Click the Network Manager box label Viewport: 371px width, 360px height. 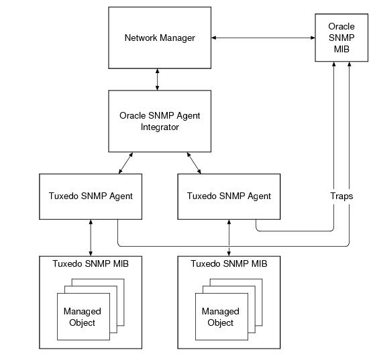tap(160, 38)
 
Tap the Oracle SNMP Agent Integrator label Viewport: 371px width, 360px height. tap(160, 121)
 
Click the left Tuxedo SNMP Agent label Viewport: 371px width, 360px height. tap(91, 196)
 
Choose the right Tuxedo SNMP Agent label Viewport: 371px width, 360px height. tap(229, 196)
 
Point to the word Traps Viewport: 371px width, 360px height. tap(341, 196)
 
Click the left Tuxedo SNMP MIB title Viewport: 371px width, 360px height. tap(91, 263)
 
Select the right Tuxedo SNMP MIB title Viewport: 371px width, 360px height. tap(229, 263)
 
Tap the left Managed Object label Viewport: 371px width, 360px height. tap(83, 317)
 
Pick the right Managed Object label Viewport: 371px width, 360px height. tap(221, 317)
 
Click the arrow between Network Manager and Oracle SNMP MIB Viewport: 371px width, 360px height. tap(263, 38)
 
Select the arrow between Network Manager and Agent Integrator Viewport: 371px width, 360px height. tap(158, 79)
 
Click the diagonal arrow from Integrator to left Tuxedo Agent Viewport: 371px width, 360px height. tap(125, 163)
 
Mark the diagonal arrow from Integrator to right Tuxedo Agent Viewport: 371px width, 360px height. tap(194, 163)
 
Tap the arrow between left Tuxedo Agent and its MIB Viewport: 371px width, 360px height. tap(91, 238)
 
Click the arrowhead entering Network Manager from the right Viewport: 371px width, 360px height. tap(213, 38)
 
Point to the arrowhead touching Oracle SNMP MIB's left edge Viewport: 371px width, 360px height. tap(313, 38)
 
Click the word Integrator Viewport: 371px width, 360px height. tap(160, 127)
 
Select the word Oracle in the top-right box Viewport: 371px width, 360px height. tap(341, 26)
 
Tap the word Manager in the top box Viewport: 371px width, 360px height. tap(178, 38)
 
